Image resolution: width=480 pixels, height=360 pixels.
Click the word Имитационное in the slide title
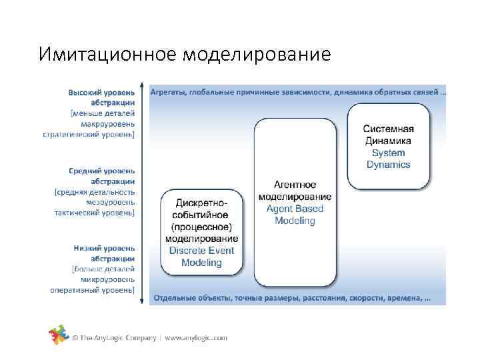pyautogui.click(x=107, y=54)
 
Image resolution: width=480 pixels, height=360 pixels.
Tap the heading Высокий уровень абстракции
pyautogui.click(x=102, y=97)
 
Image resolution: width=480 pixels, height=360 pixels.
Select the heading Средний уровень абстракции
pyautogui.click(x=105, y=175)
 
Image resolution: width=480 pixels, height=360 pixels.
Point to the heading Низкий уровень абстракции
pyautogui.click(x=105, y=253)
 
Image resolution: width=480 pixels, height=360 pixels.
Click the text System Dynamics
pyautogui.click(x=388, y=159)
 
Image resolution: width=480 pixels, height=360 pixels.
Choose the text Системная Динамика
pyautogui.click(x=388, y=135)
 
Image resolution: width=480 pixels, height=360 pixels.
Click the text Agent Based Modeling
pyautogui.click(x=295, y=215)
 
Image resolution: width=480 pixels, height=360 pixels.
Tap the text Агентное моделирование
pyautogui.click(x=295, y=191)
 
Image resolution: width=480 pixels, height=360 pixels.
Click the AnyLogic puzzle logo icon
pyautogui.click(x=59, y=337)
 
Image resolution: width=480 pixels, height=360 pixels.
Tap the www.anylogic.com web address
pyautogui.click(x=196, y=338)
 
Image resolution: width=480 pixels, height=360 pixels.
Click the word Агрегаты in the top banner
pyautogui.click(x=168, y=91)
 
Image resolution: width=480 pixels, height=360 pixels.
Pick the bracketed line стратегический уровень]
pyautogui.click(x=89, y=134)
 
